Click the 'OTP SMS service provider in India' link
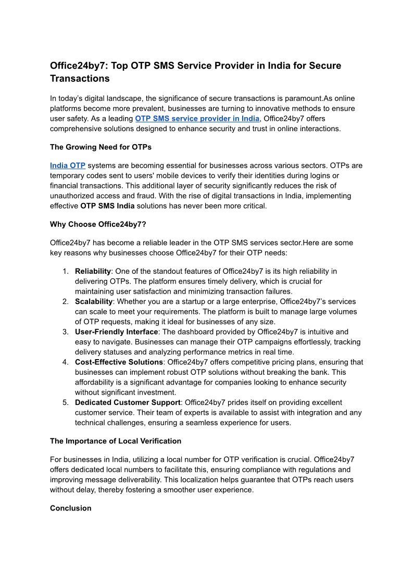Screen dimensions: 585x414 click(197, 118)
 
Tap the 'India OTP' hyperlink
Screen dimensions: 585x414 click(68, 166)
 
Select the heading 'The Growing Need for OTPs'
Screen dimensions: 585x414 click(101, 147)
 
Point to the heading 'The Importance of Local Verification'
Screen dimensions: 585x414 click(116, 441)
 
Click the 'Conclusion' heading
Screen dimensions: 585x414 click(70, 508)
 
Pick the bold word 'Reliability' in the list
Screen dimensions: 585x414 click(93, 271)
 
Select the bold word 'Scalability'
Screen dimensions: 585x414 click(94, 301)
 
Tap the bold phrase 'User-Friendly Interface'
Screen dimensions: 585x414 click(116, 332)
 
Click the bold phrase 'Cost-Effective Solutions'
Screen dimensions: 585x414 click(119, 362)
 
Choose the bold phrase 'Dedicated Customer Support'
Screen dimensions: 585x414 click(128, 402)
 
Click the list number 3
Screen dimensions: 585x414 click(66, 332)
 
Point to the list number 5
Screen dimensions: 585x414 click(66, 402)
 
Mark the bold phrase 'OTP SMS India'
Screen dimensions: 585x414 click(107, 206)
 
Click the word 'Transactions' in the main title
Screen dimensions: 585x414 click(80, 79)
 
